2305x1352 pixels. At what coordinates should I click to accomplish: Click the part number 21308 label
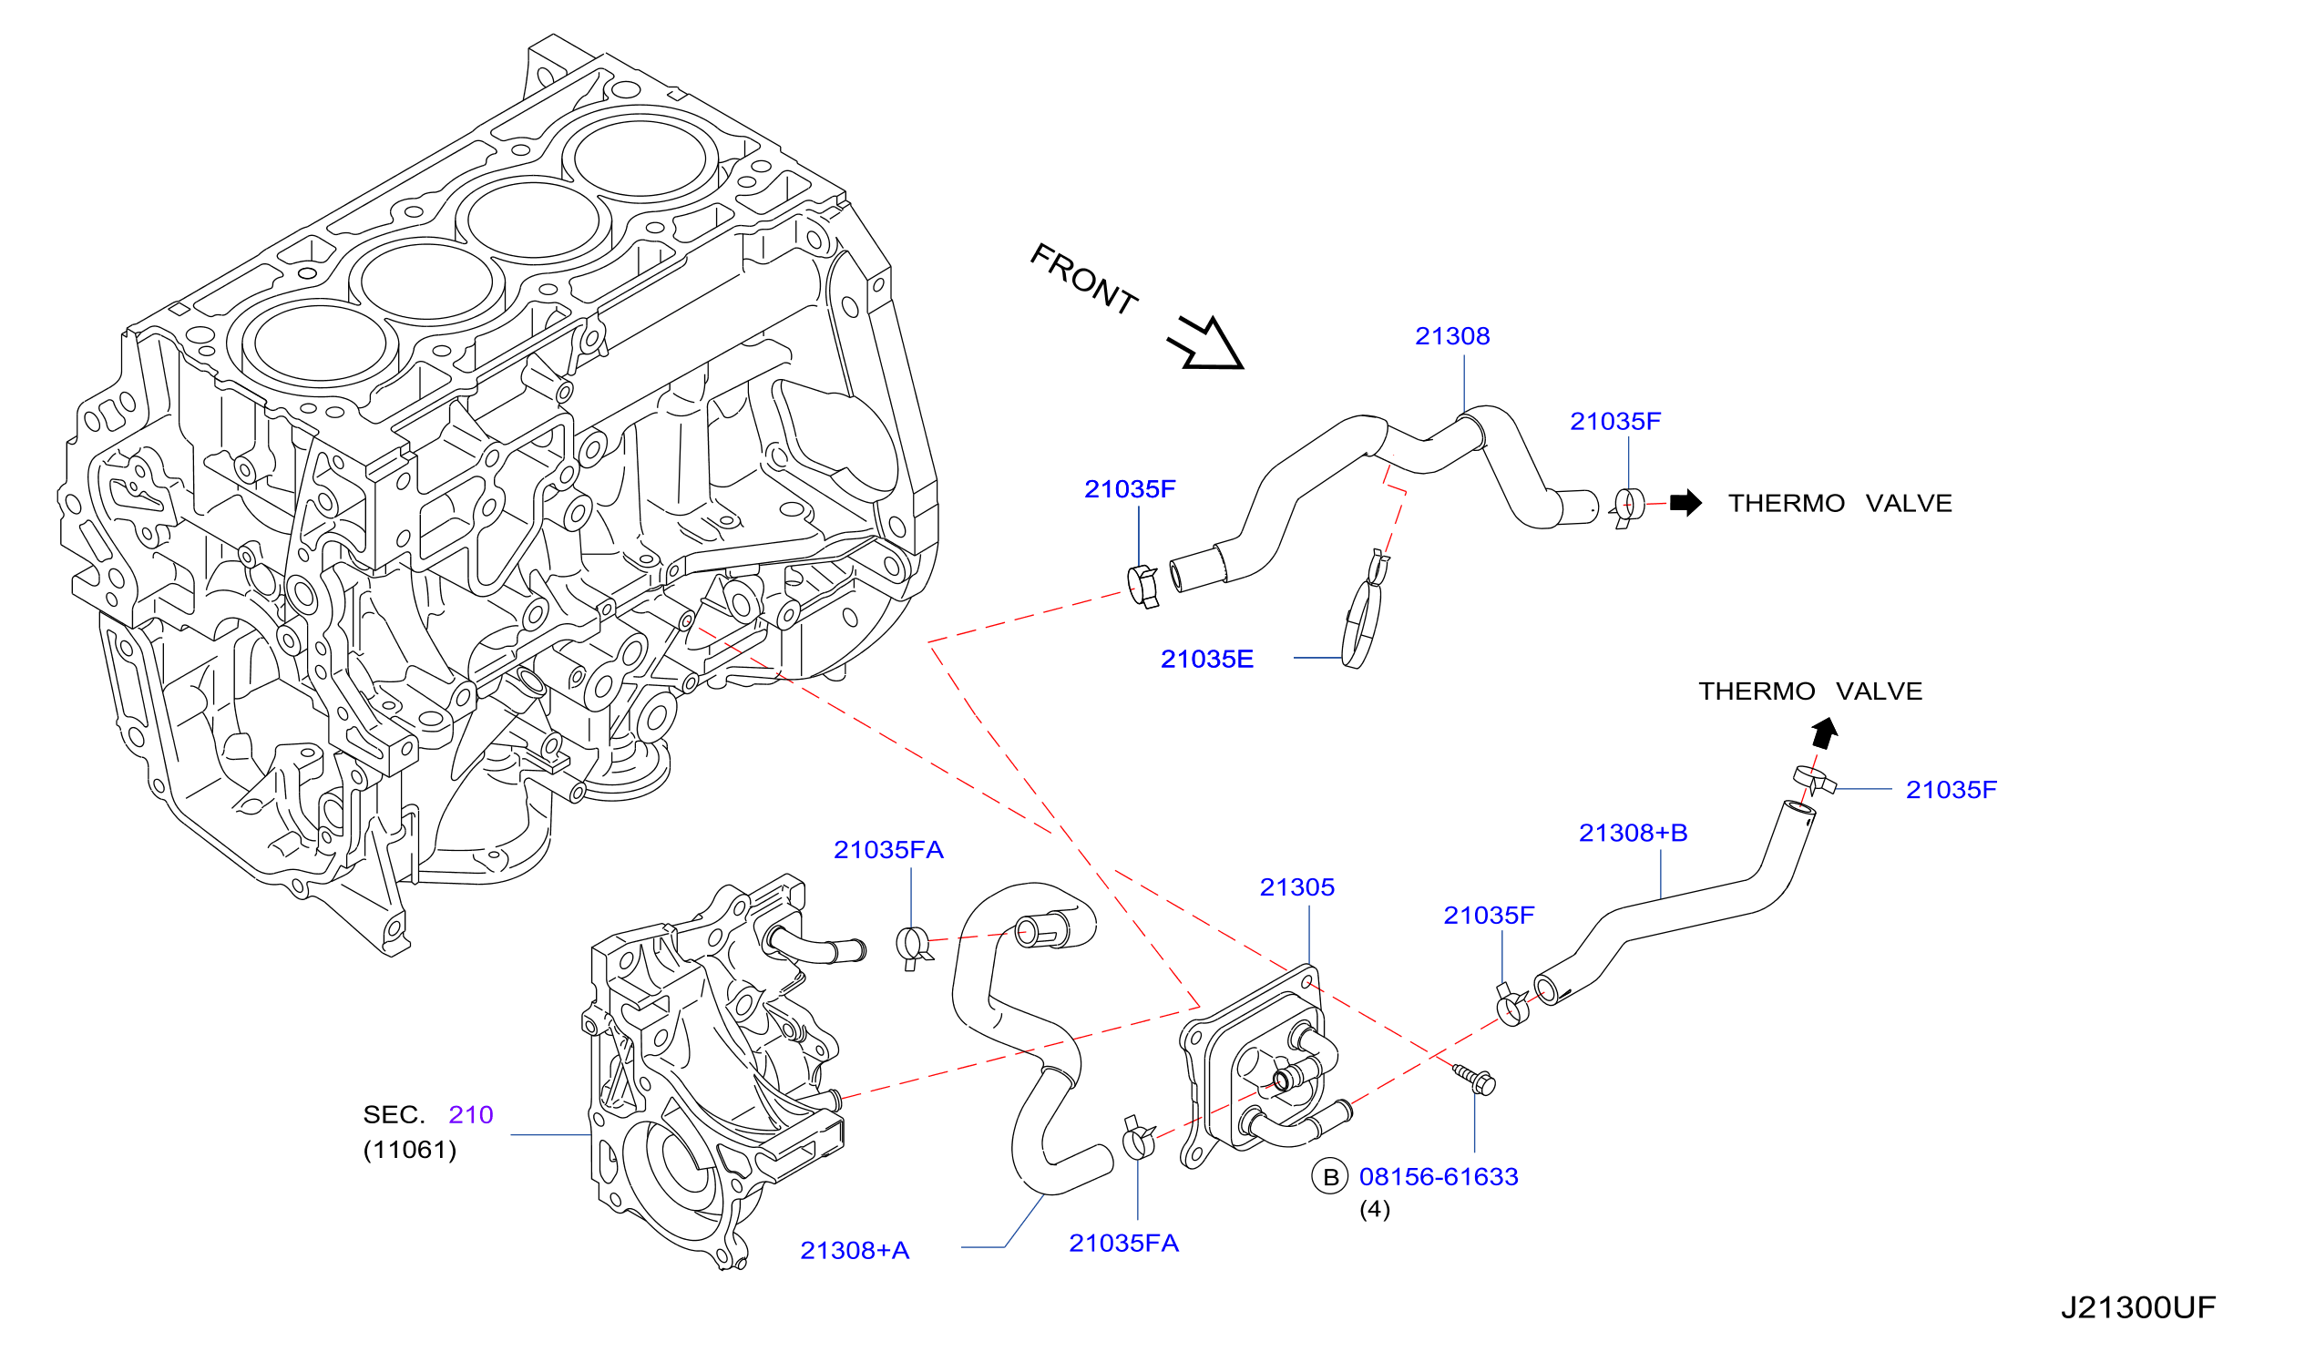click(x=1452, y=336)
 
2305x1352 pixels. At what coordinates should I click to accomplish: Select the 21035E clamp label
click(x=1207, y=660)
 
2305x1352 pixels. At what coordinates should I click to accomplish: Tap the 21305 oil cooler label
click(x=1297, y=887)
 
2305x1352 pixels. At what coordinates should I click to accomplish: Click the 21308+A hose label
click(x=855, y=1251)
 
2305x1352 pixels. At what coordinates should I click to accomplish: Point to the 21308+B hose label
click(x=1634, y=833)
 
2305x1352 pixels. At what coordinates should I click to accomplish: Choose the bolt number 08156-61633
click(x=1439, y=1177)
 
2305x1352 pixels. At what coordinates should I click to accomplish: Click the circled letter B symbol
click(x=1331, y=1177)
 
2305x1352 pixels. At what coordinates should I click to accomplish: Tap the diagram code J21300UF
click(x=2138, y=1308)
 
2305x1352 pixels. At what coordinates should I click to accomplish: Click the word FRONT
click(x=1085, y=280)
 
